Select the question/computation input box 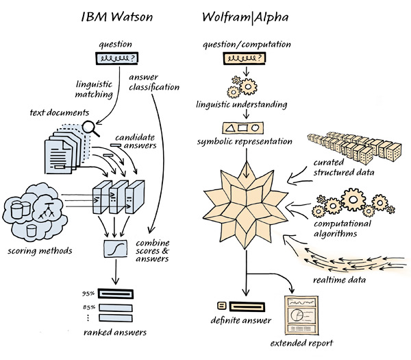(x=245, y=59)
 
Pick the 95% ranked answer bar (x=115, y=293)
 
